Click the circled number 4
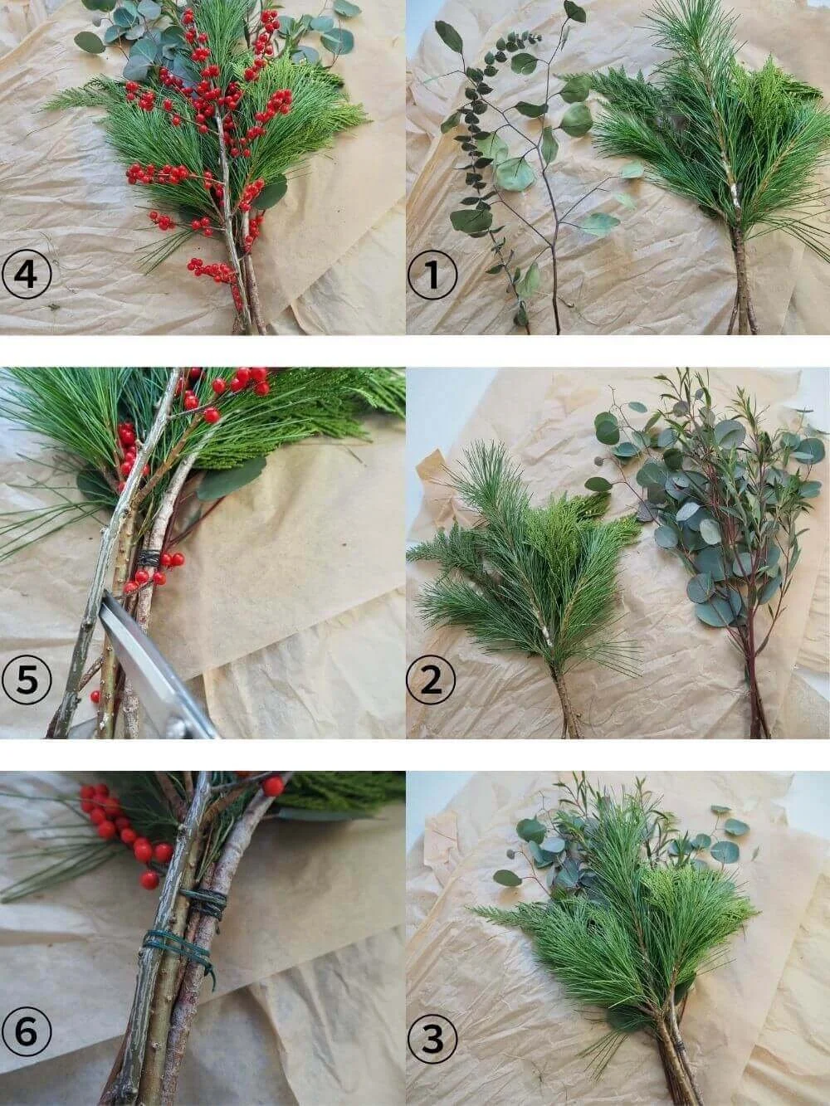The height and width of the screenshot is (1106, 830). pyautogui.click(x=27, y=275)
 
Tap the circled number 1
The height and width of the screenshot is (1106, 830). pyautogui.click(x=432, y=275)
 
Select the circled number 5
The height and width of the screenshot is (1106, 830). pyautogui.click(x=27, y=680)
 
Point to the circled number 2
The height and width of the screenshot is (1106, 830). pyautogui.click(x=432, y=680)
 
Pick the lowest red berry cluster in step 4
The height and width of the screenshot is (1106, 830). pyautogui.click(x=212, y=270)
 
